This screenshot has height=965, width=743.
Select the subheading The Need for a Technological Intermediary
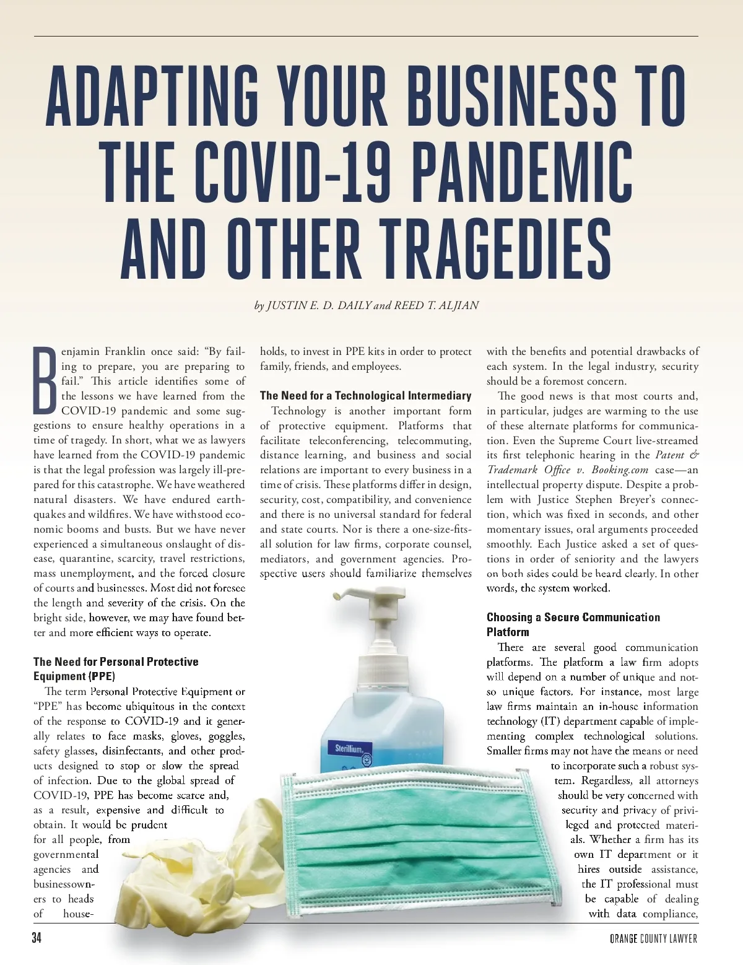(365, 396)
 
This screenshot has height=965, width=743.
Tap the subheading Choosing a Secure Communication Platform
(573, 624)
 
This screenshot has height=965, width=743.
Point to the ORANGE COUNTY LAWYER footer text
(653, 939)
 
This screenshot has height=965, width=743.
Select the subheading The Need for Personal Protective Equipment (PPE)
(116, 669)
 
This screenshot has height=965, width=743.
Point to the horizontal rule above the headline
(371, 36)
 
